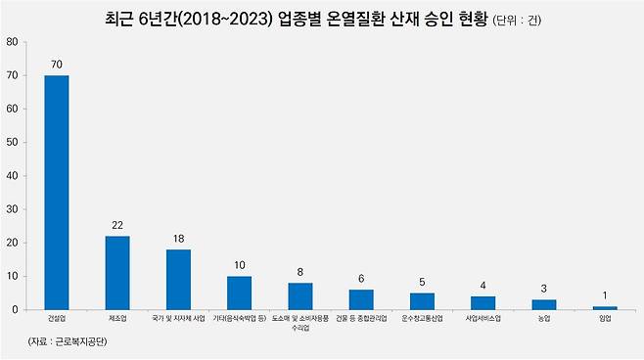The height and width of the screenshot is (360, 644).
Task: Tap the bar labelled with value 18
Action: tap(178, 279)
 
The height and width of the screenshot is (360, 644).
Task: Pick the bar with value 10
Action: tap(239, 292)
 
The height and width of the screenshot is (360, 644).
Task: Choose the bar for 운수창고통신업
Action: tap(422, 300)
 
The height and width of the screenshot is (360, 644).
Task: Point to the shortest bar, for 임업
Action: tap(605, 308)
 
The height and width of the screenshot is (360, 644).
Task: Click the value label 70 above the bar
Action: tap(57, 65)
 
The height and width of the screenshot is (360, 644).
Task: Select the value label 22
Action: tap(117, 225)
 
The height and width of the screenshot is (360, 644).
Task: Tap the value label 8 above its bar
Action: tap(300, 272)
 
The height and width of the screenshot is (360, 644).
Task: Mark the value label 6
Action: tap(361, 279)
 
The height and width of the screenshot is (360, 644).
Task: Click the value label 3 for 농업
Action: tap(544, 289)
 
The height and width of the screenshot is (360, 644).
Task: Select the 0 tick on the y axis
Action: tap(15, 309)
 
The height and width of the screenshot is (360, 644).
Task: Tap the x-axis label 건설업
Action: tap(57, 319)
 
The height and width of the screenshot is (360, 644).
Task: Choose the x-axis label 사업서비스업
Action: tap(483, 319)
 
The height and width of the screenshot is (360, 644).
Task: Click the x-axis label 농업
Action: tap(544, 319)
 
